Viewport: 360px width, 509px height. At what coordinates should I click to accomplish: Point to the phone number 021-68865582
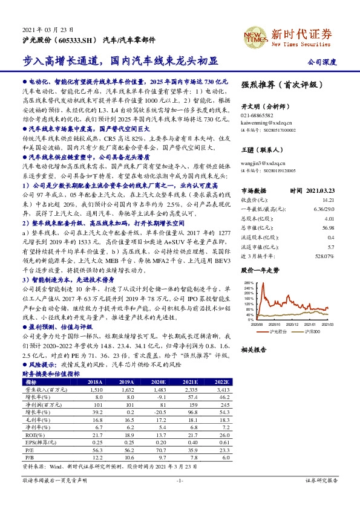point(257,114)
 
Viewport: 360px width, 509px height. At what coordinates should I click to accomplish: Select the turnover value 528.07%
point(324,256)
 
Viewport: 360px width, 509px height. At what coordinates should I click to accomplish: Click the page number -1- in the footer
point(180,496)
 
